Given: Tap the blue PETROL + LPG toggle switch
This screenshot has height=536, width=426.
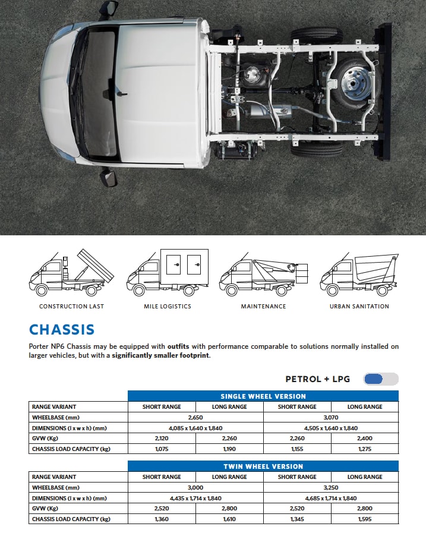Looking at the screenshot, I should pos(380,379).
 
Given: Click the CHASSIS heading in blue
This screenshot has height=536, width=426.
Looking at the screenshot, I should pos(62,330).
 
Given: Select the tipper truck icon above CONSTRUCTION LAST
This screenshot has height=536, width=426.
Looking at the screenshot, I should pos(71,273).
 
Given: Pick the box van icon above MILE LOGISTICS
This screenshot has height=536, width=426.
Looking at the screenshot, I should pos(168,273).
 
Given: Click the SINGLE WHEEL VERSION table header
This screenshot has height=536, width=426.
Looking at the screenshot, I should pos(263,396).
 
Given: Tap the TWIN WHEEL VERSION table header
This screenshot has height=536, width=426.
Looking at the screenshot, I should pos(263,466).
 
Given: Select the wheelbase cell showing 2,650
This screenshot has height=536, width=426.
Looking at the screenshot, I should pos(195,418).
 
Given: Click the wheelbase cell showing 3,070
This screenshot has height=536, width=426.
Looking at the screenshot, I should pos(331,418).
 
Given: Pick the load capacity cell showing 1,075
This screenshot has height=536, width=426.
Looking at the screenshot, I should pos(162,449).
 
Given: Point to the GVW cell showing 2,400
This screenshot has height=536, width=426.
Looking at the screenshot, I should pos(365,439).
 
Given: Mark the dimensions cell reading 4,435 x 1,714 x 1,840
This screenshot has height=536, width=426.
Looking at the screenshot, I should pos(195,499).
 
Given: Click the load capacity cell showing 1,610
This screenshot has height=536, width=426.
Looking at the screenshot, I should pos(229,519).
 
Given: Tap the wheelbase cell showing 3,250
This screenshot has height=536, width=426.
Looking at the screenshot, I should pos(331,488).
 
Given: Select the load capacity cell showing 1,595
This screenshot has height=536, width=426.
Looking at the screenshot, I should pos(365,519).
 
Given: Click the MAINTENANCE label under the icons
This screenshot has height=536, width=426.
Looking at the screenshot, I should pos(263,307).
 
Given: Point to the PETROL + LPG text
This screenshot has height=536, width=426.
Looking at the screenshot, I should pos(318,379).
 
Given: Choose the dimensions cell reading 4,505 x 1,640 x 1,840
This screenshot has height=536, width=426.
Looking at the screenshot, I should pos(331,428).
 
